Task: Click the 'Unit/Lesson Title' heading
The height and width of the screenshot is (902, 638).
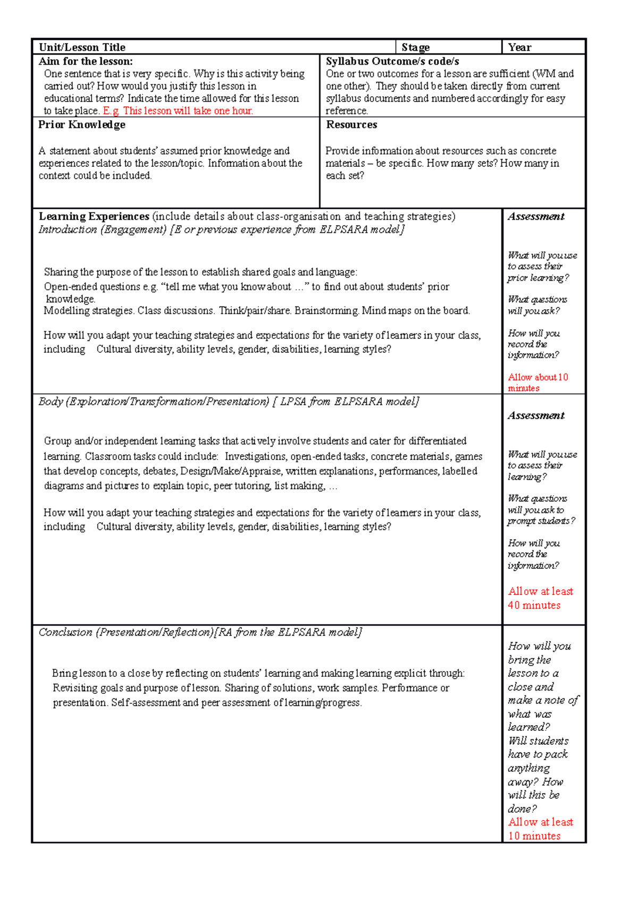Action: click(82, 47)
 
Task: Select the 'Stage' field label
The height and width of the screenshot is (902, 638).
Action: click(415, 47)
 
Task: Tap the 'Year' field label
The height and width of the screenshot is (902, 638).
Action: click(519, 47)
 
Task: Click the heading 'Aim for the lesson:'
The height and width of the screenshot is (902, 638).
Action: click(86, 61)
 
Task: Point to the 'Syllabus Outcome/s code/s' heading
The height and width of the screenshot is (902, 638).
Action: click(392, 61)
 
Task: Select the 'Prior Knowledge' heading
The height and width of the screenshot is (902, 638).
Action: click(82, 124)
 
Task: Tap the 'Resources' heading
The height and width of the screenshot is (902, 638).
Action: click(351, 124)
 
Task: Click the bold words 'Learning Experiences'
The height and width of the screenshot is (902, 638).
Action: click(94, 216)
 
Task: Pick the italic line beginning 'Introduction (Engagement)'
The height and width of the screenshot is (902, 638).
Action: click(221, 229)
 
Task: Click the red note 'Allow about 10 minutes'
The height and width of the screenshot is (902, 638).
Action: click(538, 382)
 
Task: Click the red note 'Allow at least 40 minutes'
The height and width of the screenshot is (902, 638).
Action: click(540, 598)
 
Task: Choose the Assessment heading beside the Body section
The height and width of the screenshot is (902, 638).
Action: click(536, 415)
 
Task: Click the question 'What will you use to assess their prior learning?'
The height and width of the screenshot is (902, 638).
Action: click(542, 266)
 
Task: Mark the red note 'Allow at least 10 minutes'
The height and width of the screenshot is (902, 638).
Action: click(540, 829)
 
